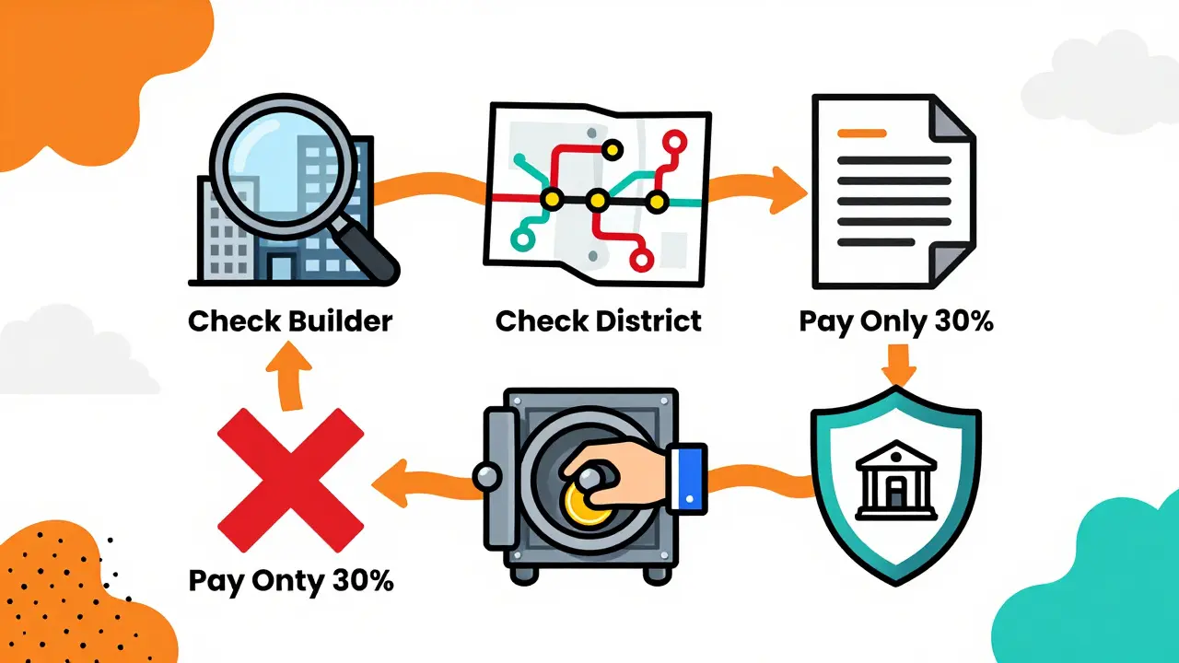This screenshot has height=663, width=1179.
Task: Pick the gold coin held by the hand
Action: [x=588, y=505]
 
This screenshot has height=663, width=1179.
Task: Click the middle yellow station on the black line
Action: [x=598, y=199]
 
